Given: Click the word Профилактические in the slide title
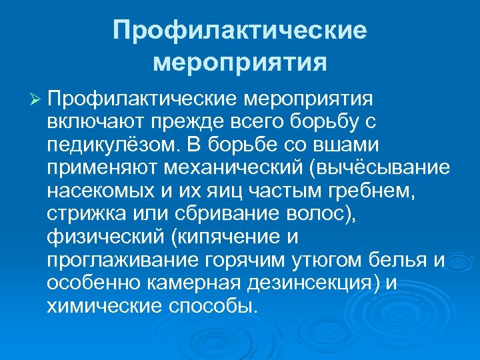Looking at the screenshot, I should (x=240, y=31).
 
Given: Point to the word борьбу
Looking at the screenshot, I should (x=322, y=122).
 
